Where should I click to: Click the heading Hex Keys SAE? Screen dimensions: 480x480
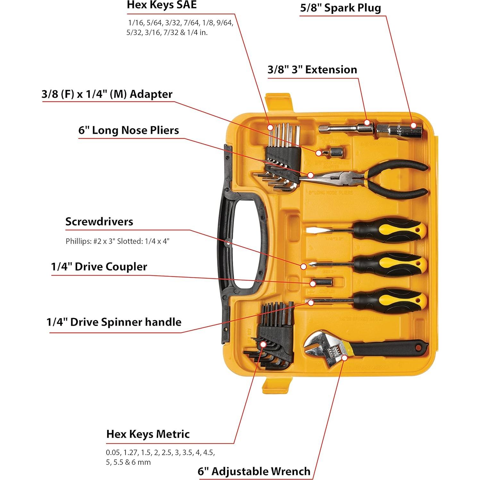coord(162,5)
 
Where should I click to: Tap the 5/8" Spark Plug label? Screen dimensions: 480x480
coord(340,8)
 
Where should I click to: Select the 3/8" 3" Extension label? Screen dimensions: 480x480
coord(312,70)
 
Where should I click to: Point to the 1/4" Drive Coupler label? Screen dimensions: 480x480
coord(99,267)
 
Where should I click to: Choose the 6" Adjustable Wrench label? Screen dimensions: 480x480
coord(254,471)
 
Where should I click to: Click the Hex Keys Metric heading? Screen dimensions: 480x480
coord(148,434)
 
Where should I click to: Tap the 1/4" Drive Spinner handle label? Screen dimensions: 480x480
coord(114,322)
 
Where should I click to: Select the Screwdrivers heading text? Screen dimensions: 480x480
coord(99,222)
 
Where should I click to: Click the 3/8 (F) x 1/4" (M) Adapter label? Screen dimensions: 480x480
coord(107,94)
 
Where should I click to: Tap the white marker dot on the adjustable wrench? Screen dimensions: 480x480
coord(344,357)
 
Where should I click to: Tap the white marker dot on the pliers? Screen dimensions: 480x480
coord(310,175)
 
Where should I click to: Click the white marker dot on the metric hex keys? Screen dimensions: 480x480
coord(263,344)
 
